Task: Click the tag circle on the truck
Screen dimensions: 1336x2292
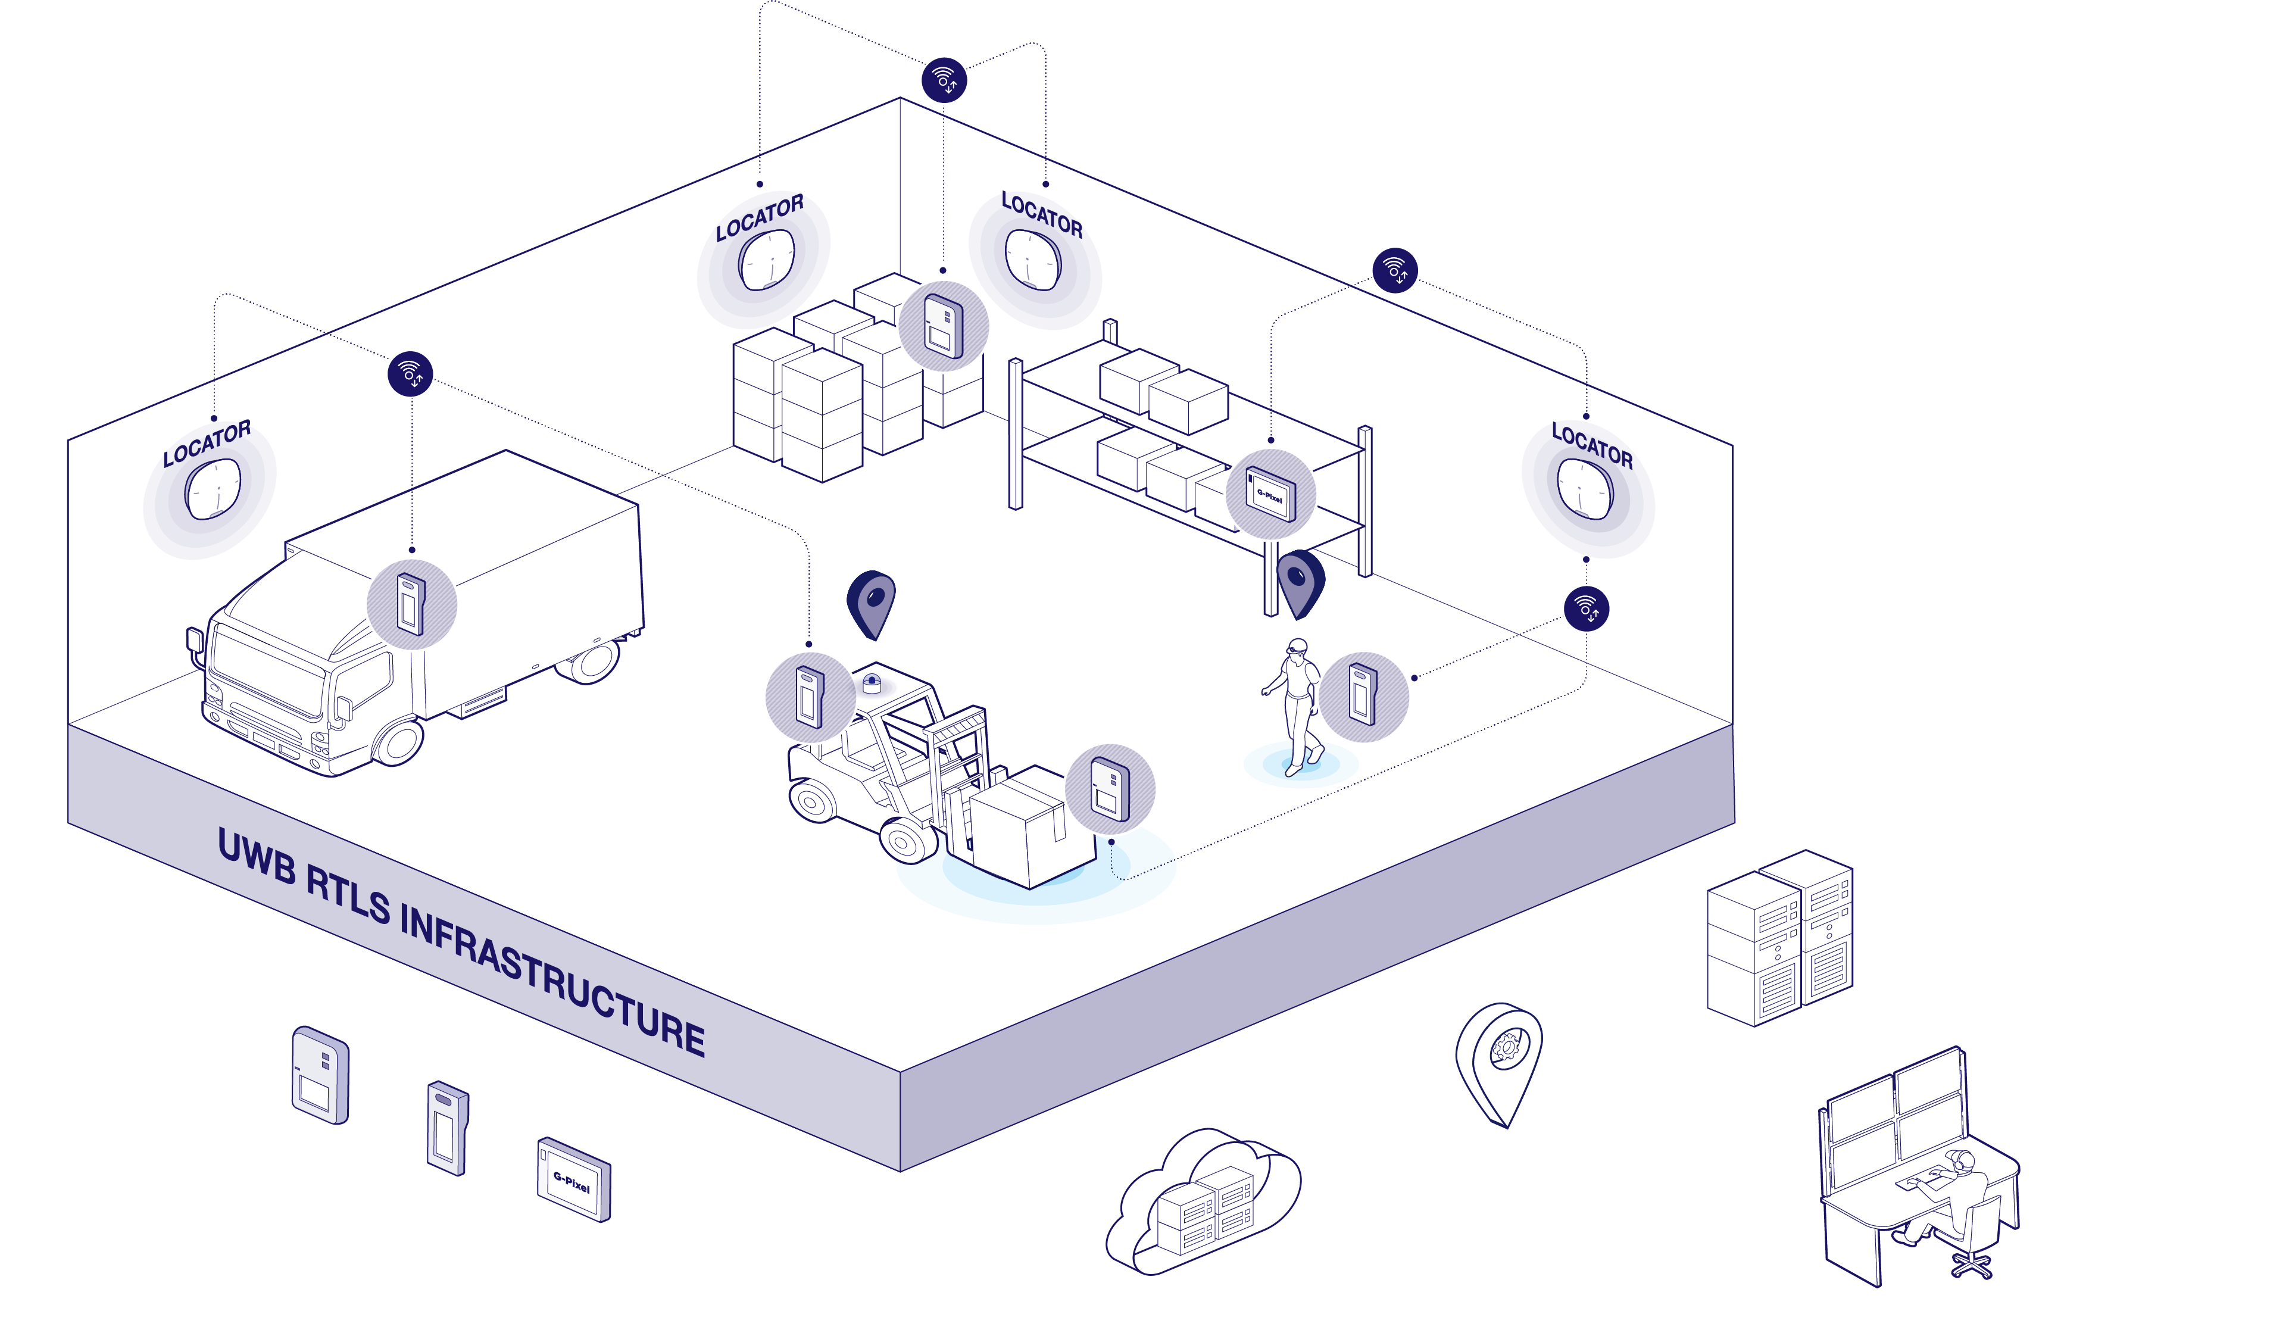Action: tap(412, 604)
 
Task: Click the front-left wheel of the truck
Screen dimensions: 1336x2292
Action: tap(398, 741)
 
